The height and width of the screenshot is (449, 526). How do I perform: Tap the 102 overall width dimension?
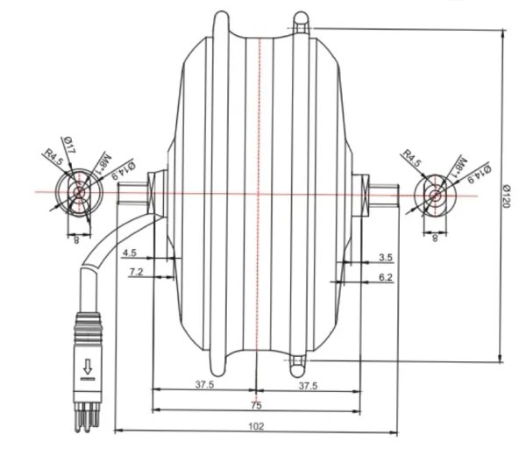coord(256,426)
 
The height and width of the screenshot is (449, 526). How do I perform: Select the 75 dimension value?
coord(256,405)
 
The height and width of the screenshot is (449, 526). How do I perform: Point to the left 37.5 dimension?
coord(204,385)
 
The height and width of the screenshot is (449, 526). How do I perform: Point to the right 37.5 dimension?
coord(308,386)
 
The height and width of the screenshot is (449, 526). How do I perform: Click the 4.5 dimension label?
coord(130,253)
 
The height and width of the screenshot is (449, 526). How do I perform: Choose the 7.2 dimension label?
coord(136,272)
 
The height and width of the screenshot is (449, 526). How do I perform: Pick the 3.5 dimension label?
coord(386,258)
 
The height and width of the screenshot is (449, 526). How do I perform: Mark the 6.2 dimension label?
coord(386,277)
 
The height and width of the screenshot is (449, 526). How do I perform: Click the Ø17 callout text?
coord(68,145)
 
